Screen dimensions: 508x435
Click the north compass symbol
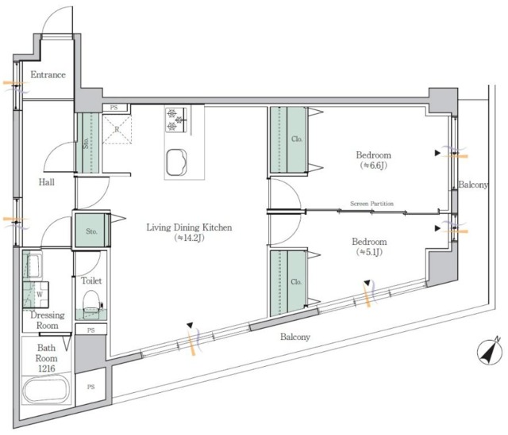click(x=490, y=352)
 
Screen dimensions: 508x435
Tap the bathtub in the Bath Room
click(x=46, y=389)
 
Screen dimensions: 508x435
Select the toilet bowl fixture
click(x=91, y=303)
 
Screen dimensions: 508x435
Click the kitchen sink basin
click(x=176, y=162)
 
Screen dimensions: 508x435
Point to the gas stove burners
click(x=176, y=120)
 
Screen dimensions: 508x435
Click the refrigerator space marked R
click(x=117, y=129)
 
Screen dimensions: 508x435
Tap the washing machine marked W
click(x=36, y=295)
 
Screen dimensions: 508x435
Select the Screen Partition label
click(x=371, y=204)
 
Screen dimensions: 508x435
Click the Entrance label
click(x=48, y=74)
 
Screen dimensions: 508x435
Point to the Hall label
click(x=47, y=182)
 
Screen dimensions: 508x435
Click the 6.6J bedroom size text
click(x=374, y=166)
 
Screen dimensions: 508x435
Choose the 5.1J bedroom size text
click(x=369, y=252)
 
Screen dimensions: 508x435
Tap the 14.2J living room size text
click(x=189, y=238)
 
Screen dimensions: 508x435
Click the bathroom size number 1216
click(x=47, y=368)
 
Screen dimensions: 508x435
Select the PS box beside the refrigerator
click(x=114, y=108)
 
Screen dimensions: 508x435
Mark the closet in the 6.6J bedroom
click(x=288, y=139)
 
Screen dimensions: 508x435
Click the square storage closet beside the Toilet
click(x=91, y=230)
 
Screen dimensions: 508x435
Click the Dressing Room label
click(x=48, y=320)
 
